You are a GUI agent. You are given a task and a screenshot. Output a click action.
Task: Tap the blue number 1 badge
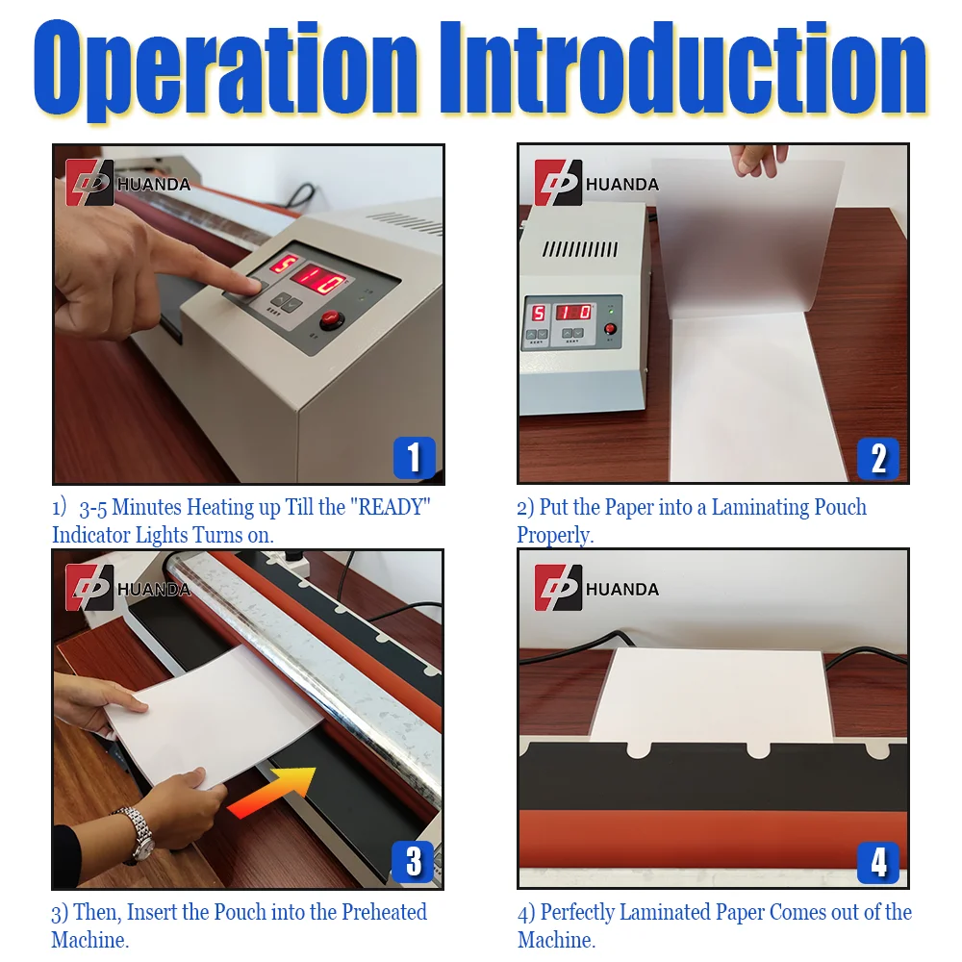coord(414,458)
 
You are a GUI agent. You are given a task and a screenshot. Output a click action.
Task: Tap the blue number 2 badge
coord(878,458)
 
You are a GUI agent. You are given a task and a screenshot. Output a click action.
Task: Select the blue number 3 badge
coord(414,862)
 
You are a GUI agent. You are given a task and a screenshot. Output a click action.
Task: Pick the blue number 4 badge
coord(878,862)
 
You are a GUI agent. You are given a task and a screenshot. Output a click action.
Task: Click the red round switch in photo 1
coord(331,320)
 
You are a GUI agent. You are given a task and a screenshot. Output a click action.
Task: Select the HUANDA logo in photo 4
coord(596,588)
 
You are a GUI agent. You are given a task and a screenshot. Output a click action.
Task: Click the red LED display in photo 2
coord(562,313)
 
